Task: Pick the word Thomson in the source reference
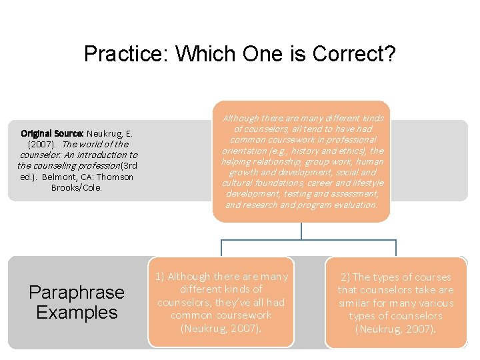[x=112, y=177]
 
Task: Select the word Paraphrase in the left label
[x=77, y=292]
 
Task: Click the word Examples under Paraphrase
[x=77, y=312]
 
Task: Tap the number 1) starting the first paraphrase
[x=160, y=276]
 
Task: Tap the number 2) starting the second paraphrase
[x=345, y=277]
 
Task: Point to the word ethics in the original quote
[x=353, y=151]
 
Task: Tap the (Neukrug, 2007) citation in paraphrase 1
[x=221, y=327]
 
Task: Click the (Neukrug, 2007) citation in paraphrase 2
[x=395, y=329]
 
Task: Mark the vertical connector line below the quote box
[x=301, y=231]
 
